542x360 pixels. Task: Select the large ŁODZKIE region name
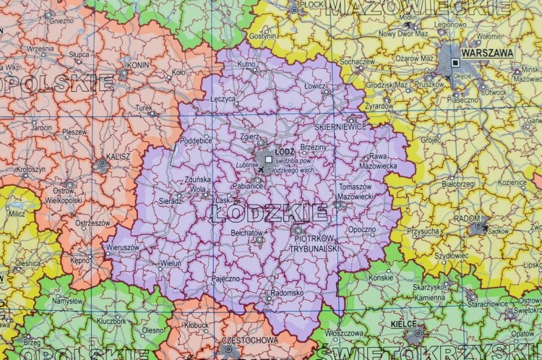(x=270, y=213)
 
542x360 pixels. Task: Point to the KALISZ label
(x=97, y=155)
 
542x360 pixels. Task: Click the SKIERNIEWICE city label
(x=342, y=127)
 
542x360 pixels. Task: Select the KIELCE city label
(x=403, y=325)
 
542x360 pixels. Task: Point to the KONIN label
(x=138, y=64)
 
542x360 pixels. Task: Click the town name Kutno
(x=246, y=64)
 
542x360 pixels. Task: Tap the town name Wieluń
(x=171, y=264)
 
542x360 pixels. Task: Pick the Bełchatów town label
(x=246, y=233)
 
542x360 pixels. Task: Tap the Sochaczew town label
(x=358, y=62)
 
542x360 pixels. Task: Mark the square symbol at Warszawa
(x=456, y=64)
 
